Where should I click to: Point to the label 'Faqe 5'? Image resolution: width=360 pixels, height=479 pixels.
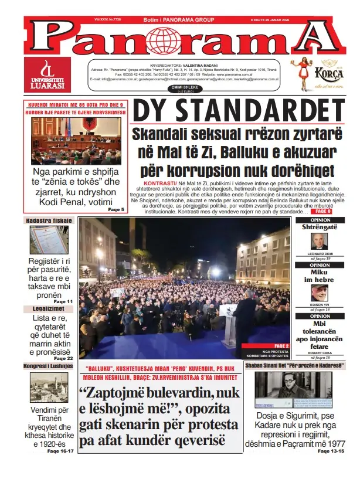pyautogui.click(x=116, y=209)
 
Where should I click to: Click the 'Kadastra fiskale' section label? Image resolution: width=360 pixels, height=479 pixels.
pyautogui.click(x=49, y=220)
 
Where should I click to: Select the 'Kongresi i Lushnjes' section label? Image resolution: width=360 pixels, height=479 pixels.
pyautogui.click(x=49, y=365)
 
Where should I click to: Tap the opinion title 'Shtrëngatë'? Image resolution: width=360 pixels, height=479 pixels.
pyautogui.click(x=320, y=227)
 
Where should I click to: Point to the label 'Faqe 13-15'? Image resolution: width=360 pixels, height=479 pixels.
pyautogui.click(x=332, y=451)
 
